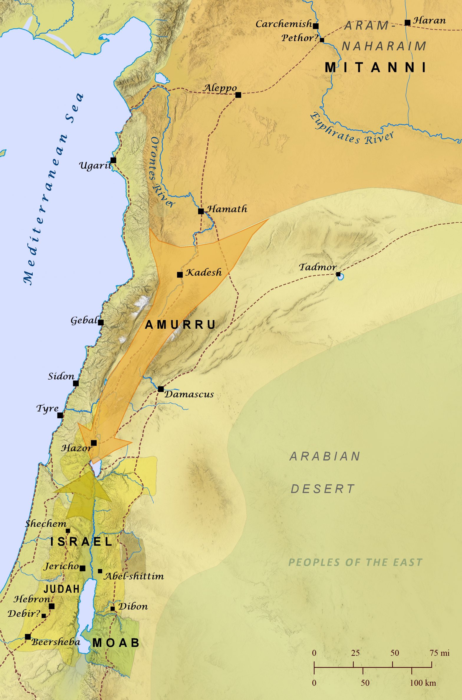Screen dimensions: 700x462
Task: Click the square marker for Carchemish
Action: point(316,26)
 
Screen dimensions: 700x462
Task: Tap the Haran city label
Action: point(429,21)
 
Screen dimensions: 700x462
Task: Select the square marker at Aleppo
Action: point(238,95)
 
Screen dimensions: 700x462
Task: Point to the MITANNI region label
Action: point(376,68)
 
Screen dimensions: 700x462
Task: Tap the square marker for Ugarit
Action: point(113,160)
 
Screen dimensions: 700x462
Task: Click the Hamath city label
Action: point(227,209)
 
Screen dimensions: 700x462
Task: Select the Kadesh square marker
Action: point(180,275)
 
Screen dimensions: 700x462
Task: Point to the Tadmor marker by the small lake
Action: point(338,274)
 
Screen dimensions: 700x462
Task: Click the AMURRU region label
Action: point(181,325)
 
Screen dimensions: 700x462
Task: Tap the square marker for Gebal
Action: point(101,322)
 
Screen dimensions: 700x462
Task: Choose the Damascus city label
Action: point(189,394)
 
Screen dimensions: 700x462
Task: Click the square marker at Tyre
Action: point(60,415)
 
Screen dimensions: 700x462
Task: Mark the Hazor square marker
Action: point(94,443)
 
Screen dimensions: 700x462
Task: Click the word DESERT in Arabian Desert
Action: point(323,489)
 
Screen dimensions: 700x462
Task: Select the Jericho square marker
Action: point(82,568)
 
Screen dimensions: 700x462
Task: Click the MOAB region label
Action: point(116,643)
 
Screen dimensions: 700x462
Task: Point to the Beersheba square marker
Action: point(28,637)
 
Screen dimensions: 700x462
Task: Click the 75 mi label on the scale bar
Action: point(439,653)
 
